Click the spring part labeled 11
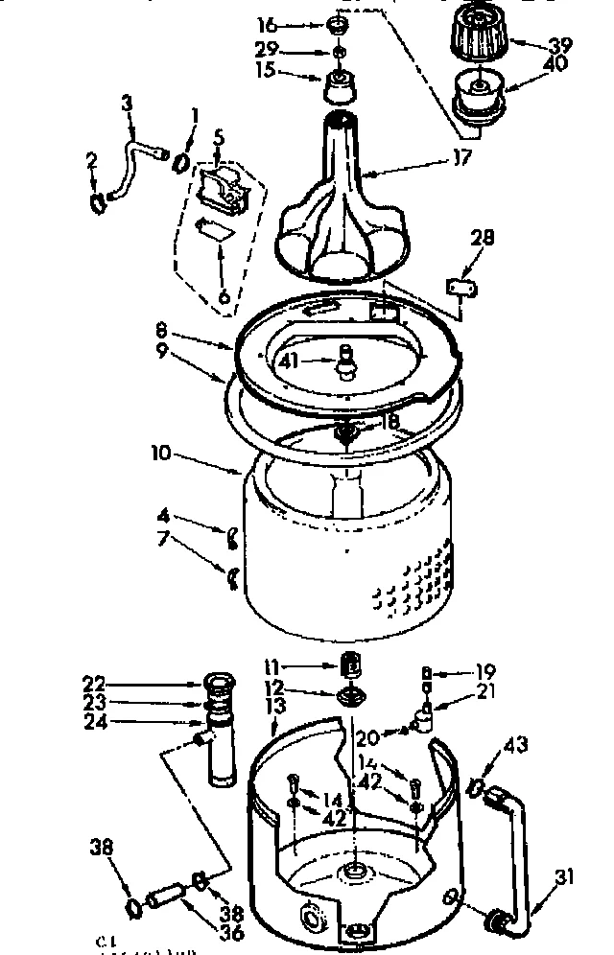point(352,664)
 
